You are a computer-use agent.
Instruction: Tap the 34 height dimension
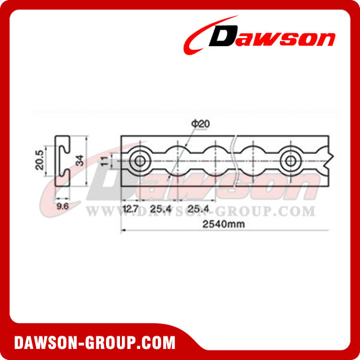pyautogui.click(x=80, y=160)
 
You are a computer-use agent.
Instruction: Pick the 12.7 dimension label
pyautogui.click(x=131, y=209)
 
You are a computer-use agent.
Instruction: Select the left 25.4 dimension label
pyautogui.click(x=158, y=209)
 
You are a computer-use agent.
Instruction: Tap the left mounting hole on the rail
pyautogui.click(x=140, y=160)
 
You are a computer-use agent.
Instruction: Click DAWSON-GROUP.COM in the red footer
pyautogui.click(x=95, y=343)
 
